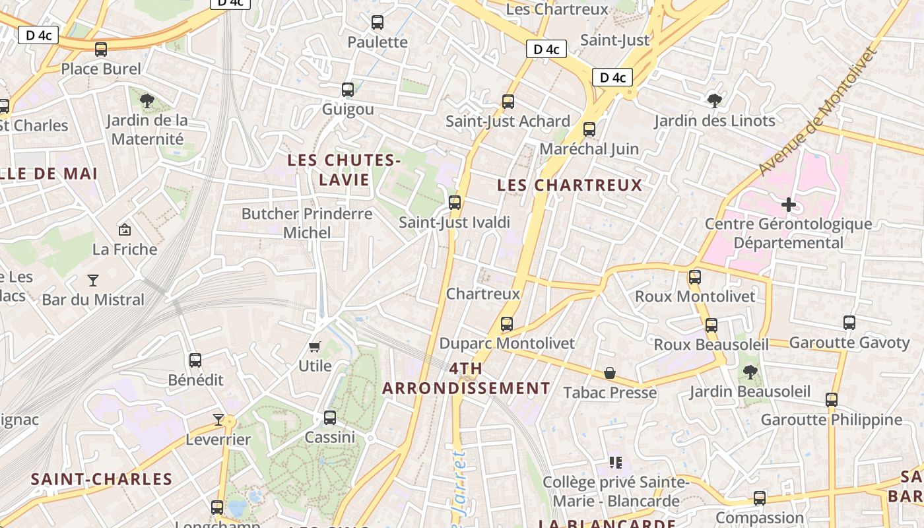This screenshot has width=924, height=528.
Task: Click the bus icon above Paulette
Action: tap(378, 22)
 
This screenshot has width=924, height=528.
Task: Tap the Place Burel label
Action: tap(101, 69)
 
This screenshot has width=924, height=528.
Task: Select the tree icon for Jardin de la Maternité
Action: tap(147, 100)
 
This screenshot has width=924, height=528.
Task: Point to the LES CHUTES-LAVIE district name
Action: tap(344, 170)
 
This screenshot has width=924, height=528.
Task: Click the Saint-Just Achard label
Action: tap(508, 121)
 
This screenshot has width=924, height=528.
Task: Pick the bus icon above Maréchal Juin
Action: tap(589, 129)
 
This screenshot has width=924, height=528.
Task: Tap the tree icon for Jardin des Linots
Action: tap(714, 100)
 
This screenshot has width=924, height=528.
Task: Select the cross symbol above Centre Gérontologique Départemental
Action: tap(788, 205)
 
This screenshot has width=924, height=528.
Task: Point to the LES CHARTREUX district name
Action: tap(570, 185)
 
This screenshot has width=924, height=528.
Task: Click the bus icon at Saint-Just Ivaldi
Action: tap(455, 203)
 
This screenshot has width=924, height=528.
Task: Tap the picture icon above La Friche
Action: tap(124, 230)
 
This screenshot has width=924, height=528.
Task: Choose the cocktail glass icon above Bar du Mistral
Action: tap(93, 280)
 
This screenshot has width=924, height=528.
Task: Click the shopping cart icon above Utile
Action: tap(315, 346)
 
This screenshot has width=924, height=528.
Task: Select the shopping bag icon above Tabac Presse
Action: tap(610, 374)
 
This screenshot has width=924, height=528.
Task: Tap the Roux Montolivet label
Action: tap(695, 296)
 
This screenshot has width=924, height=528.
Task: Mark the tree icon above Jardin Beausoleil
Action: tap(750, 372)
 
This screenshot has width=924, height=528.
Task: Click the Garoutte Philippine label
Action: tap(831, 420)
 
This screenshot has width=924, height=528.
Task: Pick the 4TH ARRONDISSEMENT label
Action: tap(466, 378)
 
